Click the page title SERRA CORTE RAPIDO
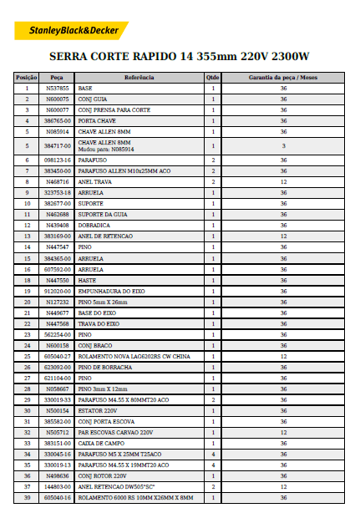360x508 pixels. coord(179,58)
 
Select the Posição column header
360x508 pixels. coord(27,77)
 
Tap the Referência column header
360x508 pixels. coord(139,77)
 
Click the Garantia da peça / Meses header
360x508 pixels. coord(283,77)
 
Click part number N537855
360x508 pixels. coord(58,88)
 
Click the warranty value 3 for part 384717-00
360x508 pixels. coord(283,145)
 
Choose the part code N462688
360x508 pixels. coord(58,214)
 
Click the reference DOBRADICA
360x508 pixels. coord(94,225)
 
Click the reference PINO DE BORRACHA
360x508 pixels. coord(102,366)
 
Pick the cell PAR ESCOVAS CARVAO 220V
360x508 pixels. coord(115,432)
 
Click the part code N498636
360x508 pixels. coord(58,475)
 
